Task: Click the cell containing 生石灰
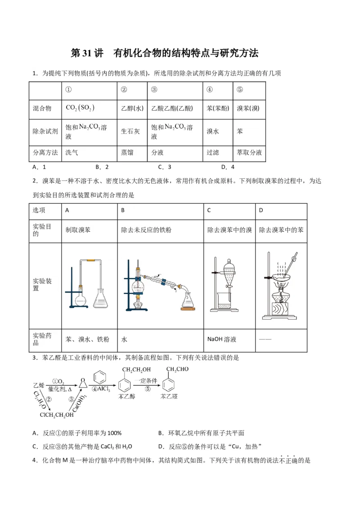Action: point(130,132)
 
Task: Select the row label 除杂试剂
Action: point(45,131)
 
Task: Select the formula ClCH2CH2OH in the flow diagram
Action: point(57,415)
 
